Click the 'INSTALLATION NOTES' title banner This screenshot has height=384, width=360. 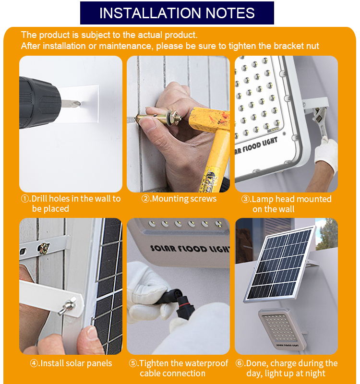pyautogui.click(x=177, y=13)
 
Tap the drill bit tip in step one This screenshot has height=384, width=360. pyautogui.click(x=80, y=104)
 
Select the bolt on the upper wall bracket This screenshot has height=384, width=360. pyautogui.click(x=44, y=248)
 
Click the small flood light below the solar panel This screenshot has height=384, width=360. pyautogui.click(x=282, y=329)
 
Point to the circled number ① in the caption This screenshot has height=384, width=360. pyautogui.click(x=25, y=199)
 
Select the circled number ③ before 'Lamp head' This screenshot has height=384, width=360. pyautogui.click(x=245, y=199)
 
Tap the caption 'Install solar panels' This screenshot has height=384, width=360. pyautogui.click(x=76, y=363)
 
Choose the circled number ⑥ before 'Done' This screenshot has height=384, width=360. pyautogui.click(x=240, y=363)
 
